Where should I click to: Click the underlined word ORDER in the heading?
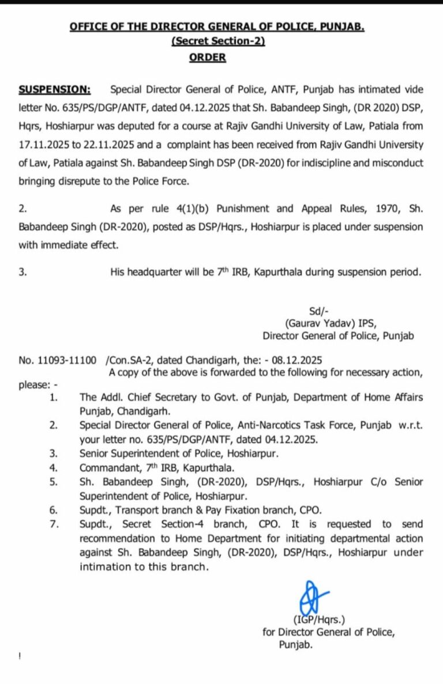208,58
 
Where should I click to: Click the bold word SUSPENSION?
55,89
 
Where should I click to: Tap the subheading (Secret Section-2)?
218,42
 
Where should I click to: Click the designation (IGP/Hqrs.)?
319,620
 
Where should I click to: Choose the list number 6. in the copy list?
54,509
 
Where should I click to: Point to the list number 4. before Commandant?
54,467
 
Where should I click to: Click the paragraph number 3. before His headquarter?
22,272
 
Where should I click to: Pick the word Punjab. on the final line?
296,645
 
